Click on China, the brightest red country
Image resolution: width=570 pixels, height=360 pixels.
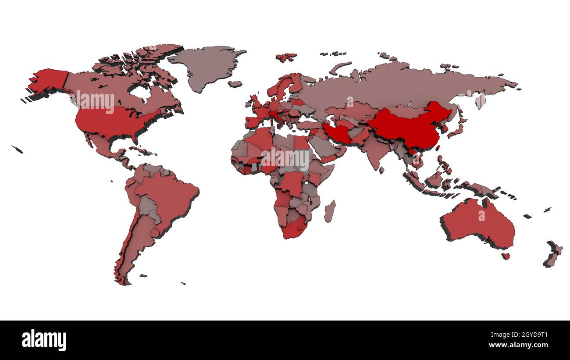(x=408, y=127)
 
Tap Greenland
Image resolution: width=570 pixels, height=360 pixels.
(x=206, y=66)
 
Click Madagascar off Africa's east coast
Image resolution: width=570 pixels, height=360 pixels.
(x=330, y=211)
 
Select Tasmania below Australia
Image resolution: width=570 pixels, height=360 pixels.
(x=506, y=256)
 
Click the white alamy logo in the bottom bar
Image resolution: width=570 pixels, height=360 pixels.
(x=44, y=340)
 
